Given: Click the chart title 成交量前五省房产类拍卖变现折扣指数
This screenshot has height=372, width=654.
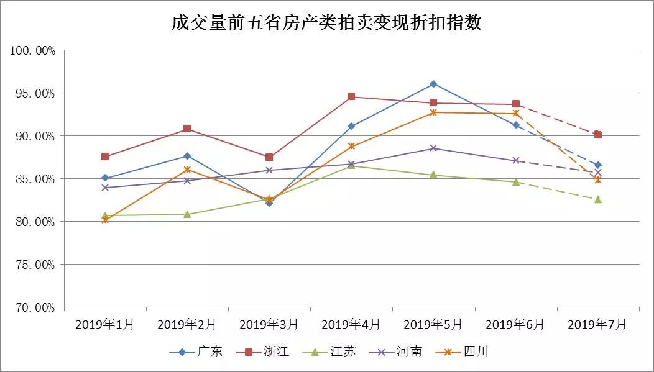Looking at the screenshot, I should [x=327, y=24].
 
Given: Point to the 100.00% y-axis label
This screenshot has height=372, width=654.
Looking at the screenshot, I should [x=33, y=50].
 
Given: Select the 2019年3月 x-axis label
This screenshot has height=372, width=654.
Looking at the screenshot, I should [x=269, y=324].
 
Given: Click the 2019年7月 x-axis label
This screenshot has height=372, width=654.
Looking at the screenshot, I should [x=597, y=324].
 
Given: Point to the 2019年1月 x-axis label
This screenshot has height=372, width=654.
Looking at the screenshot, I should [x=104, y=324].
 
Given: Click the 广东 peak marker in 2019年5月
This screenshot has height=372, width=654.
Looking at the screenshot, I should [x=433, y=84].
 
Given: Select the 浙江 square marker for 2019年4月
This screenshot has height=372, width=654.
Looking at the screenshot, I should [x=351, y=97].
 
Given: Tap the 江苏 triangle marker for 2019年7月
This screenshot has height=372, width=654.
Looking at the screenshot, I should [x=597, y=199].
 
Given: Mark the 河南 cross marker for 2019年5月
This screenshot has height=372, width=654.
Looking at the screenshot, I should [x=433, y=148].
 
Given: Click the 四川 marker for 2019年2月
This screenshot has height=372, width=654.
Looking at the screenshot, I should [x=187, y=170].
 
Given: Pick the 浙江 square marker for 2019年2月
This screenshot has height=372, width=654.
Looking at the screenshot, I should [x=187, y=129].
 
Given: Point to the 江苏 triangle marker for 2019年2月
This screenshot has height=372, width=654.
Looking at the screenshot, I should [x=187, y=214].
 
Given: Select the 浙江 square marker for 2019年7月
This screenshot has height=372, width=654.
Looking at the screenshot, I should [x=597, y=135].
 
